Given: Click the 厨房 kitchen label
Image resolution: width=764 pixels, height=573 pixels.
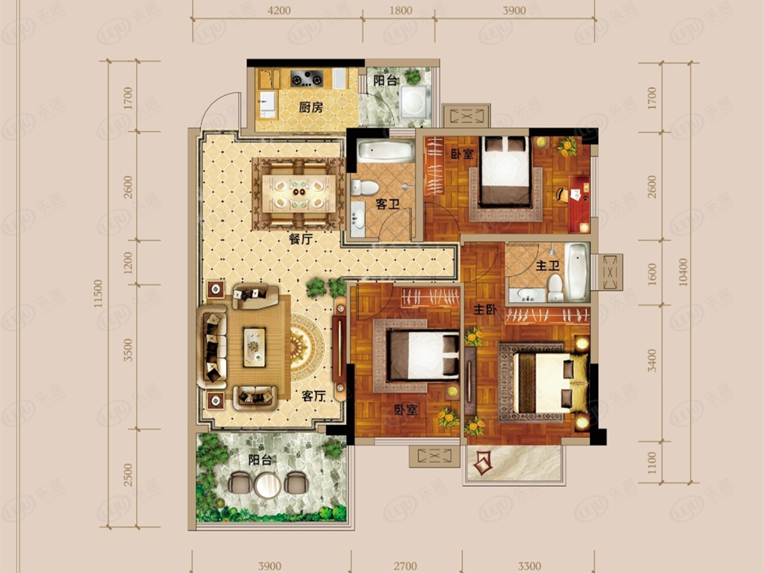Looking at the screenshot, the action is pos(311,107).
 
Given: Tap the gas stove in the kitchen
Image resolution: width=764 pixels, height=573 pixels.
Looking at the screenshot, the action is pos(307,79).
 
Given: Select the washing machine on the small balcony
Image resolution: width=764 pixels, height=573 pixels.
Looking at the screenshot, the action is pos(414,102).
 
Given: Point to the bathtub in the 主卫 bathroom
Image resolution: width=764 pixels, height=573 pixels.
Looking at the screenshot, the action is pos(577,272).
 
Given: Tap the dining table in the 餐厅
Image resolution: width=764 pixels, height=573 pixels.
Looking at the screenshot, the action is pos(298,193).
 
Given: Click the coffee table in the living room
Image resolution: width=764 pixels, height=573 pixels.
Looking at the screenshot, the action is pos(254,347).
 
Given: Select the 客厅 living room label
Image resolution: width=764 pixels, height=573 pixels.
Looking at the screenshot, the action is pos(313,396).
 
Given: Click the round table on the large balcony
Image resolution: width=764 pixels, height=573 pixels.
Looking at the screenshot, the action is pos(267,485).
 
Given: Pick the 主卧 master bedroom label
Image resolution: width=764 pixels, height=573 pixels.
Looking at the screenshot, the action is pos(485,310).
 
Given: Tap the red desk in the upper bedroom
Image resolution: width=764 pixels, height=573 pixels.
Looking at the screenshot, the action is pos(578,204).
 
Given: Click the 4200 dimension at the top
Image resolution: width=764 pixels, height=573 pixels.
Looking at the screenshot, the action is pos(279,11).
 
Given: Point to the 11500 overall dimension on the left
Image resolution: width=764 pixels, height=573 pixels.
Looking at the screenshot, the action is pos(99,293).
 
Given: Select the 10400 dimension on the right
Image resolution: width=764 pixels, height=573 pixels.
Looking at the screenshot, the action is pos(683,272).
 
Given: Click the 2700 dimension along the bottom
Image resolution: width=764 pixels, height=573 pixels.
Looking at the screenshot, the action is pos(405,566).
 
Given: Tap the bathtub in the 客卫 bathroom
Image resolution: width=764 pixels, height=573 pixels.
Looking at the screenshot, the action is pos(385,151).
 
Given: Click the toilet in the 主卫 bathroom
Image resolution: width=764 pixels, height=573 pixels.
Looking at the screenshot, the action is pos(556,287).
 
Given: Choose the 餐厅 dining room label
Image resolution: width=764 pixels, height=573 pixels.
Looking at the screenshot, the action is pos(301,239).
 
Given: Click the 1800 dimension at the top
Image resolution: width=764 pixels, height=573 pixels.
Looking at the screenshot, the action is pos(401,11).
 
